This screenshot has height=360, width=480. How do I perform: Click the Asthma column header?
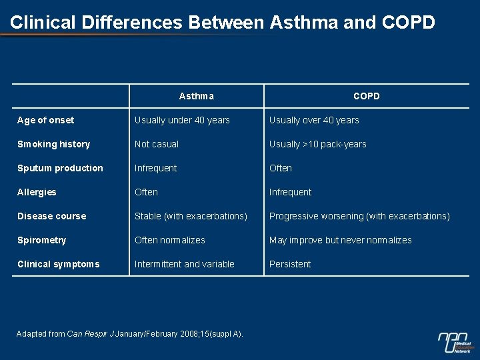tap(197, 96)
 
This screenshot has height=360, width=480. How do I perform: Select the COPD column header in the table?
tap(366, 96)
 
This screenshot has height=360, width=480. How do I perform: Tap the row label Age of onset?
tap(46, 120)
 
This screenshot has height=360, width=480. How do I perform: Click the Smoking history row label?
tap(53, 144)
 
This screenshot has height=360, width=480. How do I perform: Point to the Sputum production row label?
tap(60, 168)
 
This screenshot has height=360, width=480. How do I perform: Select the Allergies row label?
tap(37, 192)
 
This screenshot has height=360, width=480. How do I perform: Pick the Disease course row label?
tap(51, 216)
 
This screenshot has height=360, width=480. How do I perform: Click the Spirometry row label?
tap(41, 240)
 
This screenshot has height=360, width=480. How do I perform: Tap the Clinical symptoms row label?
tap(58, 264)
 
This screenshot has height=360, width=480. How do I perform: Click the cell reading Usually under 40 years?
tap(182, 120)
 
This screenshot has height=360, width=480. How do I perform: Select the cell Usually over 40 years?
tap(314, 120)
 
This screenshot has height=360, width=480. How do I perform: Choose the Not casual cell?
tap(157, 144)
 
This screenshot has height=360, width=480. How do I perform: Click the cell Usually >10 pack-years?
tap(318, 144)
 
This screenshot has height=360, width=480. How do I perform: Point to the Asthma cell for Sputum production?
tap(155, 168)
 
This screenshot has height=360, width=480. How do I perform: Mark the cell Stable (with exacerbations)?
tap(191, 216)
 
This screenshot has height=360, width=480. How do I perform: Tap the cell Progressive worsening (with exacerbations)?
tap(359, 216)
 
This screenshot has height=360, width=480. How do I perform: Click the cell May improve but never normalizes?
tap(341, 240)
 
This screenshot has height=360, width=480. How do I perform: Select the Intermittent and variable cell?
tap(185, 264)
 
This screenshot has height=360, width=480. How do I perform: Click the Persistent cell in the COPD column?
tap(290, 264)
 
